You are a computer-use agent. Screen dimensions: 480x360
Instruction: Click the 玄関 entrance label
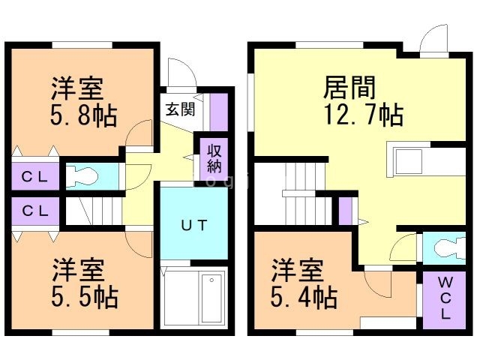tap(181, 109)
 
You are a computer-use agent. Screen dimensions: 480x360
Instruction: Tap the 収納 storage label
tap(214, 159)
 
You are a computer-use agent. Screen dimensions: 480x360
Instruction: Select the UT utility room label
tap(194, 225)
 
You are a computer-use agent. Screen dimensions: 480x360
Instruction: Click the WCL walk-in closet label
tap(445, 298)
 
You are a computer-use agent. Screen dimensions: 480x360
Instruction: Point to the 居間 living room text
tap(349, 88)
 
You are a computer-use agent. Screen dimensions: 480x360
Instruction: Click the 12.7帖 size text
tap(363, 115)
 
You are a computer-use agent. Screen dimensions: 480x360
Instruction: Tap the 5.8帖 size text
tap(83, 116)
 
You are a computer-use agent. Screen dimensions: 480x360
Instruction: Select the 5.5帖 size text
tap(85, 297)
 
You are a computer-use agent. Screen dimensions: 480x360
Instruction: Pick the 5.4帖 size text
tap(304, 297)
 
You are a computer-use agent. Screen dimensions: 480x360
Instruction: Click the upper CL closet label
tap(34, 177)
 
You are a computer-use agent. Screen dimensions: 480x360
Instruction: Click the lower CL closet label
tap(34, 211)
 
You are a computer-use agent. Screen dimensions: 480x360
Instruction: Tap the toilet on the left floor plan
tap(82, 176)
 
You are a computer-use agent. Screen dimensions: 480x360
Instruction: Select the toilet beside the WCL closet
tap(450, 248)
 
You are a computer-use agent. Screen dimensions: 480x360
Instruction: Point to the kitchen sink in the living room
tap(409, 161)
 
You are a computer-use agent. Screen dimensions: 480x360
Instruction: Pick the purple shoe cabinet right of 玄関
tap(218, 112)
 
